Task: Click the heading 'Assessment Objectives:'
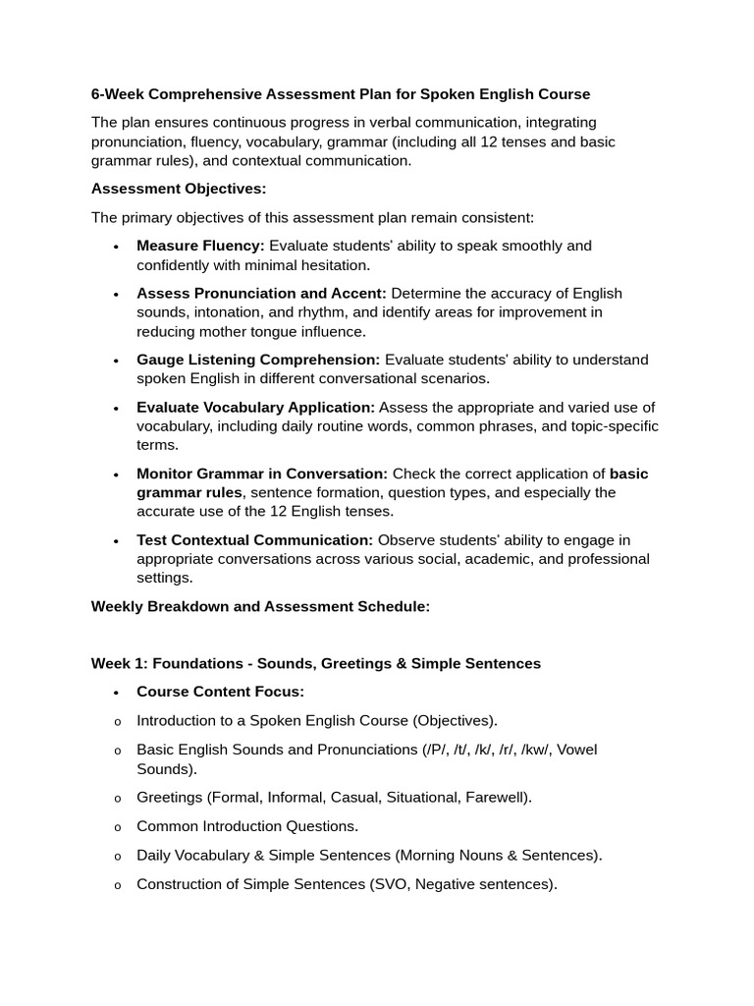click(x=179, y=189)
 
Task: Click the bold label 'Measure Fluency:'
click(x=200, y=246)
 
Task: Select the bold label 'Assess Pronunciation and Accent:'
click(x=261, y=293)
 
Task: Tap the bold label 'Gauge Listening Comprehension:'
click(x=258, y=360)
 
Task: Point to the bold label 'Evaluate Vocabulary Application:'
click(x=255, y=407)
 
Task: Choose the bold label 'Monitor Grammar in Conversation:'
click(x=262, y=474)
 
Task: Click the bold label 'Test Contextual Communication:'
click(x=254, y=540)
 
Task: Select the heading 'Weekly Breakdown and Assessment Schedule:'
click(x=260, y=607)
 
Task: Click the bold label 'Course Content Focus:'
click(x=220, y=692)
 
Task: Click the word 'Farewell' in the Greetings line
click(x=497, y=798)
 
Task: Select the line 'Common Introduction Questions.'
click(x=247, y=826)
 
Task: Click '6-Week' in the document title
click(x=118, y=94)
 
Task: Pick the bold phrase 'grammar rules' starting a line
click(x=188, y=493)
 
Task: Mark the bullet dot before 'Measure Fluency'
click(x=116, y=247)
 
